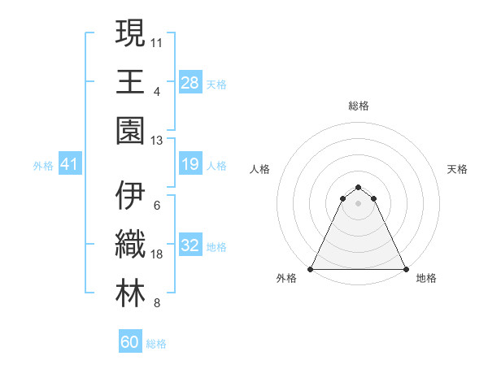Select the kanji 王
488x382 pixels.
(130, 82)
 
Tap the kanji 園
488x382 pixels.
(130, 131)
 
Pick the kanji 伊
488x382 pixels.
(130, 196)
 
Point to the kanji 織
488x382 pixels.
(130, 245)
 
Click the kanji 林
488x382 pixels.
(130, 293)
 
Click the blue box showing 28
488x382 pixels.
(190, 82)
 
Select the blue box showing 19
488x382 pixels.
(190, 165)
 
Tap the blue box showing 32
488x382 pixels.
(190, 246)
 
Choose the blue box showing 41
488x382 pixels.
(69, 165)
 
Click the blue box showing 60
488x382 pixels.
(130, 342)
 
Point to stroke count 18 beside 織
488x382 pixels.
(158, 255)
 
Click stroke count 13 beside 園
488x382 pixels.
(158, 141)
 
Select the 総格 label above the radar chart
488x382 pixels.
(358, 106)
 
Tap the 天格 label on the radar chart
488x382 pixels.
(458, 169)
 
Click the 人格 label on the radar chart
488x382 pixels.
(259, 169)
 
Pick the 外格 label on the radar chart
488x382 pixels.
(286, 279)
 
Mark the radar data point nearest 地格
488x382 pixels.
(406, 269)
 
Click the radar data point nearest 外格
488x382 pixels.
(311, 269)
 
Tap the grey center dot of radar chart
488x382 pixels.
(358, 203)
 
